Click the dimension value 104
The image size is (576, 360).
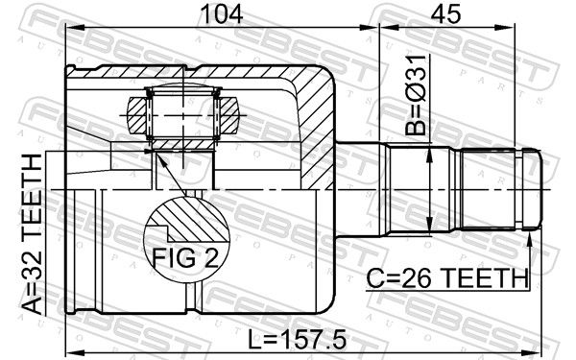point(223,14)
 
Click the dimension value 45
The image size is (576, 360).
point(445,14)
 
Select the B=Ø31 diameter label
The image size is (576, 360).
point(417,95)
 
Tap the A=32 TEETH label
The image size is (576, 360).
point(32,234)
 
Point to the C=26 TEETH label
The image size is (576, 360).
point(447,278)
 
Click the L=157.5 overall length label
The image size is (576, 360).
point(297,340)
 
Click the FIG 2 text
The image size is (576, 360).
point(185,258)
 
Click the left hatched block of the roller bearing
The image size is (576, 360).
point(136,114)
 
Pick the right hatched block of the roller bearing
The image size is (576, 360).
point(228,114)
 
